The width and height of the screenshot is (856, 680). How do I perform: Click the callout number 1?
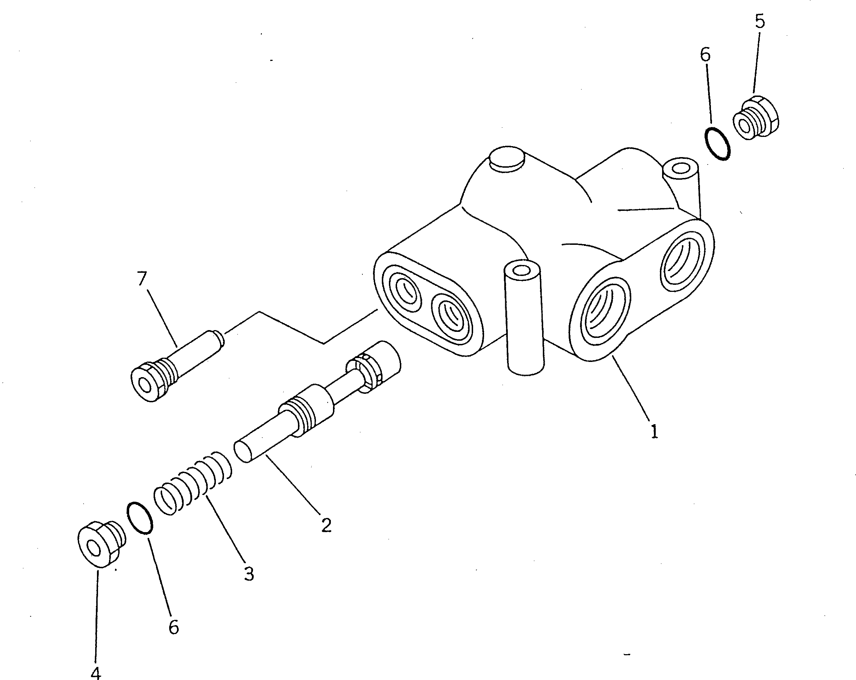tap(654, 431)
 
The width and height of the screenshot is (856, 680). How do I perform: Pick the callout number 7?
tap(142, 278)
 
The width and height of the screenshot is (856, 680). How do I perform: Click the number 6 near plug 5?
tap(705, 55)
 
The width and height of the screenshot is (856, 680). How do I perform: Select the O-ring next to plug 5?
tap(717, 143)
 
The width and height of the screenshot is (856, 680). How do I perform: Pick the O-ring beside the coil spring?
tap(139, 518)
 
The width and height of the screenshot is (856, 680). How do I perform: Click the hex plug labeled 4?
tap(99, 545)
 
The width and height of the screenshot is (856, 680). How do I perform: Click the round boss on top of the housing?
tap(507, 160)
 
